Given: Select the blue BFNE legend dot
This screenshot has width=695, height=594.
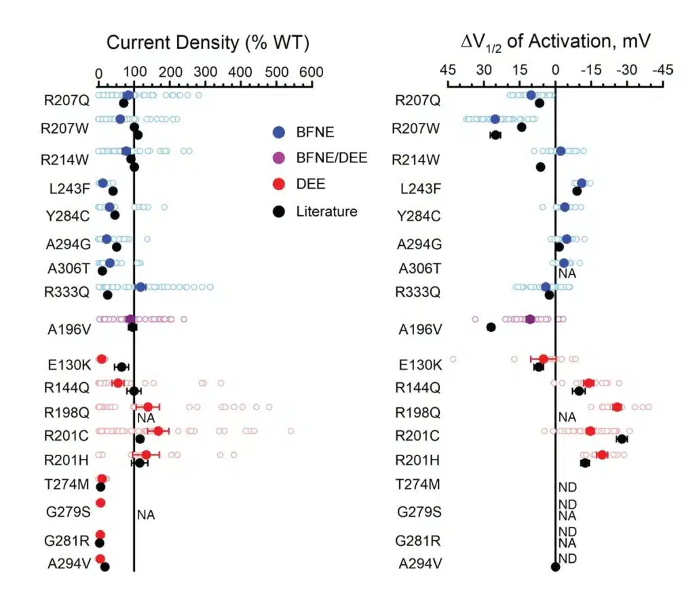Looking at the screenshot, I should (x=279, y=132).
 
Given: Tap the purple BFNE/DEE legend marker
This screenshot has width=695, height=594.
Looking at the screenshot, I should (x=279, y=158).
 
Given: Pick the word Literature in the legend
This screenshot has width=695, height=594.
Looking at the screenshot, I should (x=326, y=212).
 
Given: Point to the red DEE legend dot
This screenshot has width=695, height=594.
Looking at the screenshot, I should (x=279, y=185).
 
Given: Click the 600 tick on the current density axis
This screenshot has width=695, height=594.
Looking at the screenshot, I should (x=312, y=71).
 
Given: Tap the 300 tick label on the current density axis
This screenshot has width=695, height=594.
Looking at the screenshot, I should (x=205, y=71).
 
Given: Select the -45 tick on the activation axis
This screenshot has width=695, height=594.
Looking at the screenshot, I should (x=662, y=71).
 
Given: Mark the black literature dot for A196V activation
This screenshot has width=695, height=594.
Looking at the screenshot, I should (x=491, y=327).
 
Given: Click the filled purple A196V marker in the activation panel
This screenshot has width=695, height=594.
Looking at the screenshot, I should (x=530, y=318).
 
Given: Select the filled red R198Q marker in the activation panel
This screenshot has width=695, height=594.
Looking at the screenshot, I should (x=617, y=407).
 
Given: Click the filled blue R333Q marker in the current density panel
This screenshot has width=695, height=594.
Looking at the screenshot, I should (x=140, y=287).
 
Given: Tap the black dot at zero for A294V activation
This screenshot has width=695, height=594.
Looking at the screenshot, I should (x=555, y=567).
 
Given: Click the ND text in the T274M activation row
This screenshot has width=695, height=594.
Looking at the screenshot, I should (x=567, y=487).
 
